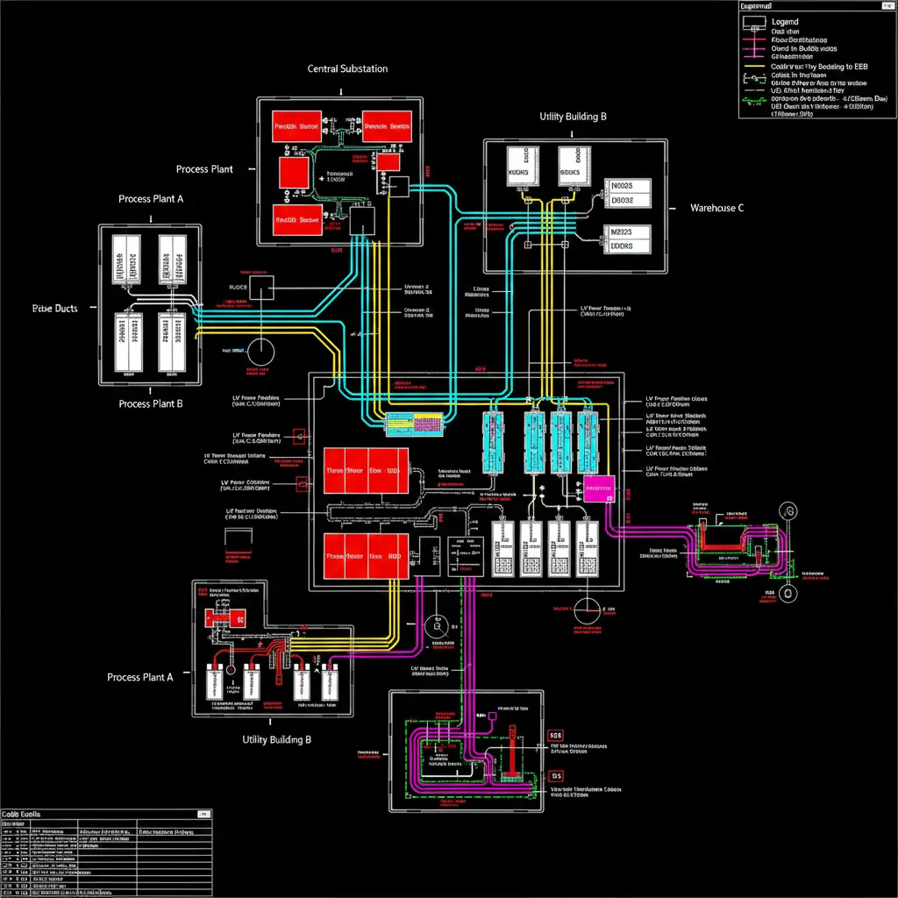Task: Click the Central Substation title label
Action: coord(347,68)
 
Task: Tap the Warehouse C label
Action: coord(716,208)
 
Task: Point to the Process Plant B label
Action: coord(151,404)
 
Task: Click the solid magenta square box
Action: coord(599,489)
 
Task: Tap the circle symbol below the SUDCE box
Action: coord(260,352)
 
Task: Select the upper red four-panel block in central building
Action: coord(366,468)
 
